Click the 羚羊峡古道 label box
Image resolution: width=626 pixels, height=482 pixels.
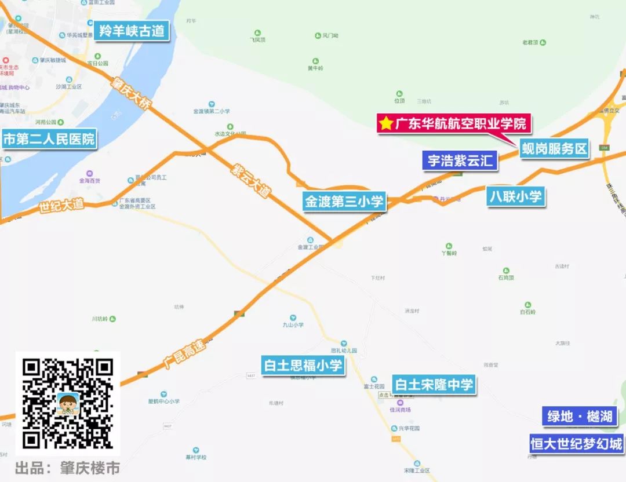132,31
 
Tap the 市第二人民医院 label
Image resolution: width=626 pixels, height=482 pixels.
49,140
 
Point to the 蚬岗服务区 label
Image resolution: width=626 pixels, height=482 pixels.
554,149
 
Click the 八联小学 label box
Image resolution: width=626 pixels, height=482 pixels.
516,196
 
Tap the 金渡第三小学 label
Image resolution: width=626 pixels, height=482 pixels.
344,202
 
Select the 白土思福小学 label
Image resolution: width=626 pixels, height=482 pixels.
303,366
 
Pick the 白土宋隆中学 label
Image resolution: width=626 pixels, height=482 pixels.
434,385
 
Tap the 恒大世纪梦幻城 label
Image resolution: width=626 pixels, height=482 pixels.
577,444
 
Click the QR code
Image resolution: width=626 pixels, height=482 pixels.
67,403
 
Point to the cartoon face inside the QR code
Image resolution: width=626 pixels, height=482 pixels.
68,403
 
